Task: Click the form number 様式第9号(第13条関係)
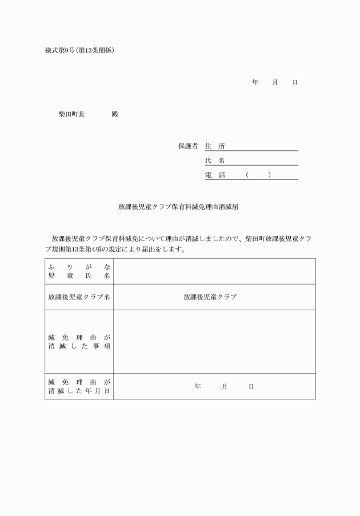(79, 50)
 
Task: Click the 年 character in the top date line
(255, 82)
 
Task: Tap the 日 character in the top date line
(295, 82)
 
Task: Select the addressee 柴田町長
(71, 114)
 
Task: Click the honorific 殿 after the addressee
(115, 114)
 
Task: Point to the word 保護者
(187, 146)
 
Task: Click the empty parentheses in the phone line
(258, 175)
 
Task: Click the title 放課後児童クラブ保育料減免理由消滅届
(178, 207)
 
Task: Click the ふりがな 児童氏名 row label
(79, 271)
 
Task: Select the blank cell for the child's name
(214, 271)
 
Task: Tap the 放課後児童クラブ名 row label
(79, 297)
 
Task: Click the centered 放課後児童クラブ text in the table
(210, 297)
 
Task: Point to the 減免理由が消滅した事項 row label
(79, 342)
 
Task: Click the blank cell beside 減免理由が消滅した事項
(214, 342)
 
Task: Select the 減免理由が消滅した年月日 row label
(79, 386)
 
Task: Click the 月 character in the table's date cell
(225, 387)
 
